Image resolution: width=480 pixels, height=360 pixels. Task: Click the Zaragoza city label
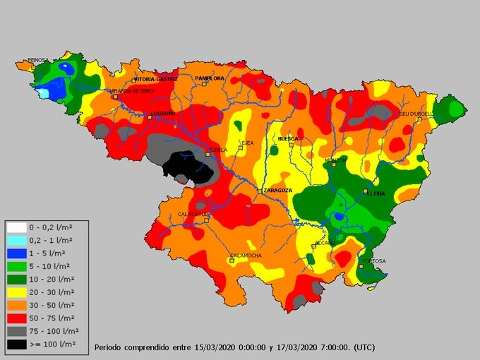(277, 191)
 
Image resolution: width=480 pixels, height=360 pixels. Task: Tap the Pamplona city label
(210, 78)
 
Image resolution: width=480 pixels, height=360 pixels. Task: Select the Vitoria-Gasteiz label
(155, 79)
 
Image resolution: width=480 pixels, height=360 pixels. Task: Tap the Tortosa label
(374, 261)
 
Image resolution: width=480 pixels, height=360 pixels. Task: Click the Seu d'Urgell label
(415, 114)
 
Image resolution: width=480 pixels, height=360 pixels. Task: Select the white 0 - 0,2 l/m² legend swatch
(16, 227)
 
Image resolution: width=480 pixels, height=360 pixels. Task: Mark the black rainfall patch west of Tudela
(187, 168)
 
